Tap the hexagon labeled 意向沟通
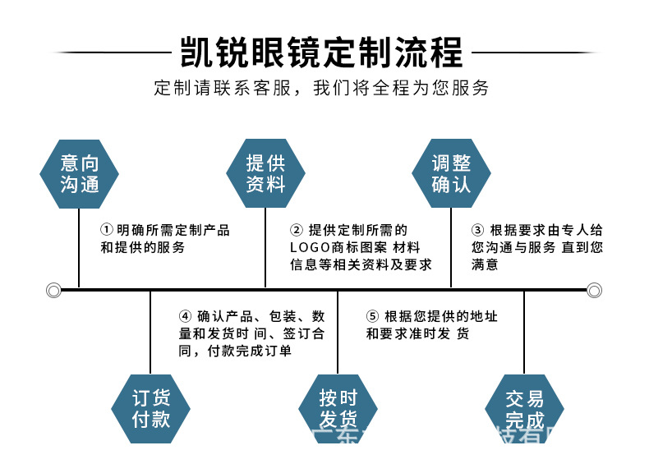coord(80,174)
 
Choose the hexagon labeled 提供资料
coord(265,174)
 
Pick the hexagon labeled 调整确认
coord(451,174)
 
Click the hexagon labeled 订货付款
coord(150,408)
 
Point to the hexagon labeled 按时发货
coord(338,408)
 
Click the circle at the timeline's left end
coord(54,289)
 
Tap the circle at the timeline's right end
coord(594,289)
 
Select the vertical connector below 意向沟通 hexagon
coord(80,246)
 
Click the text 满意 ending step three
coord(485,264)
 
